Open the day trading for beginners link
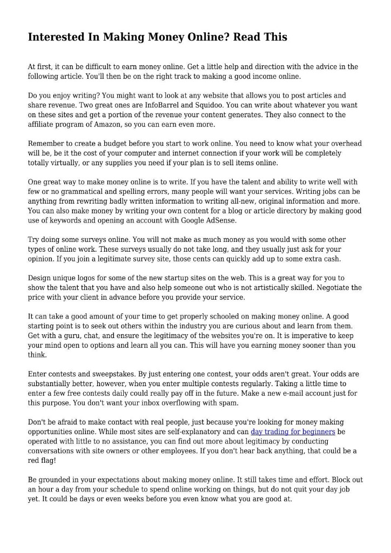point(293,431)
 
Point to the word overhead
point(343,144)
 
